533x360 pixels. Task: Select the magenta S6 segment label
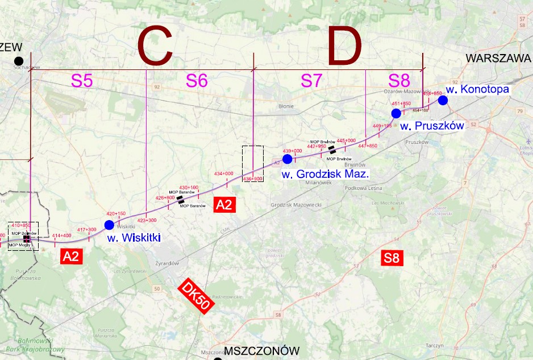click(x=197, y=81)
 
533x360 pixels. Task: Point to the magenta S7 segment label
click(x=311, y=81)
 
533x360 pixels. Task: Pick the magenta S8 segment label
click(x=402, y=81)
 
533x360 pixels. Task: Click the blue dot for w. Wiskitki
click(x=109, y=225)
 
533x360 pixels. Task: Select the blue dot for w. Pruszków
click(x=396, y=113)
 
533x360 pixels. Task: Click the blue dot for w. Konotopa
click(x=443, y=100)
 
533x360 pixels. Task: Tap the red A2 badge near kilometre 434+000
click(x=224, y=205)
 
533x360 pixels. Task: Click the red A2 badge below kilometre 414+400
click(x=71, y=256)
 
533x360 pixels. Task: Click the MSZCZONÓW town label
click(x=262, y=350)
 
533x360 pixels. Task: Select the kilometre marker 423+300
click(x=147, y=220)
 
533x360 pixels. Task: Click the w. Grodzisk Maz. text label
click(x=325, y=173)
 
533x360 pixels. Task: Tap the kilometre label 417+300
click(x=87, y=229)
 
